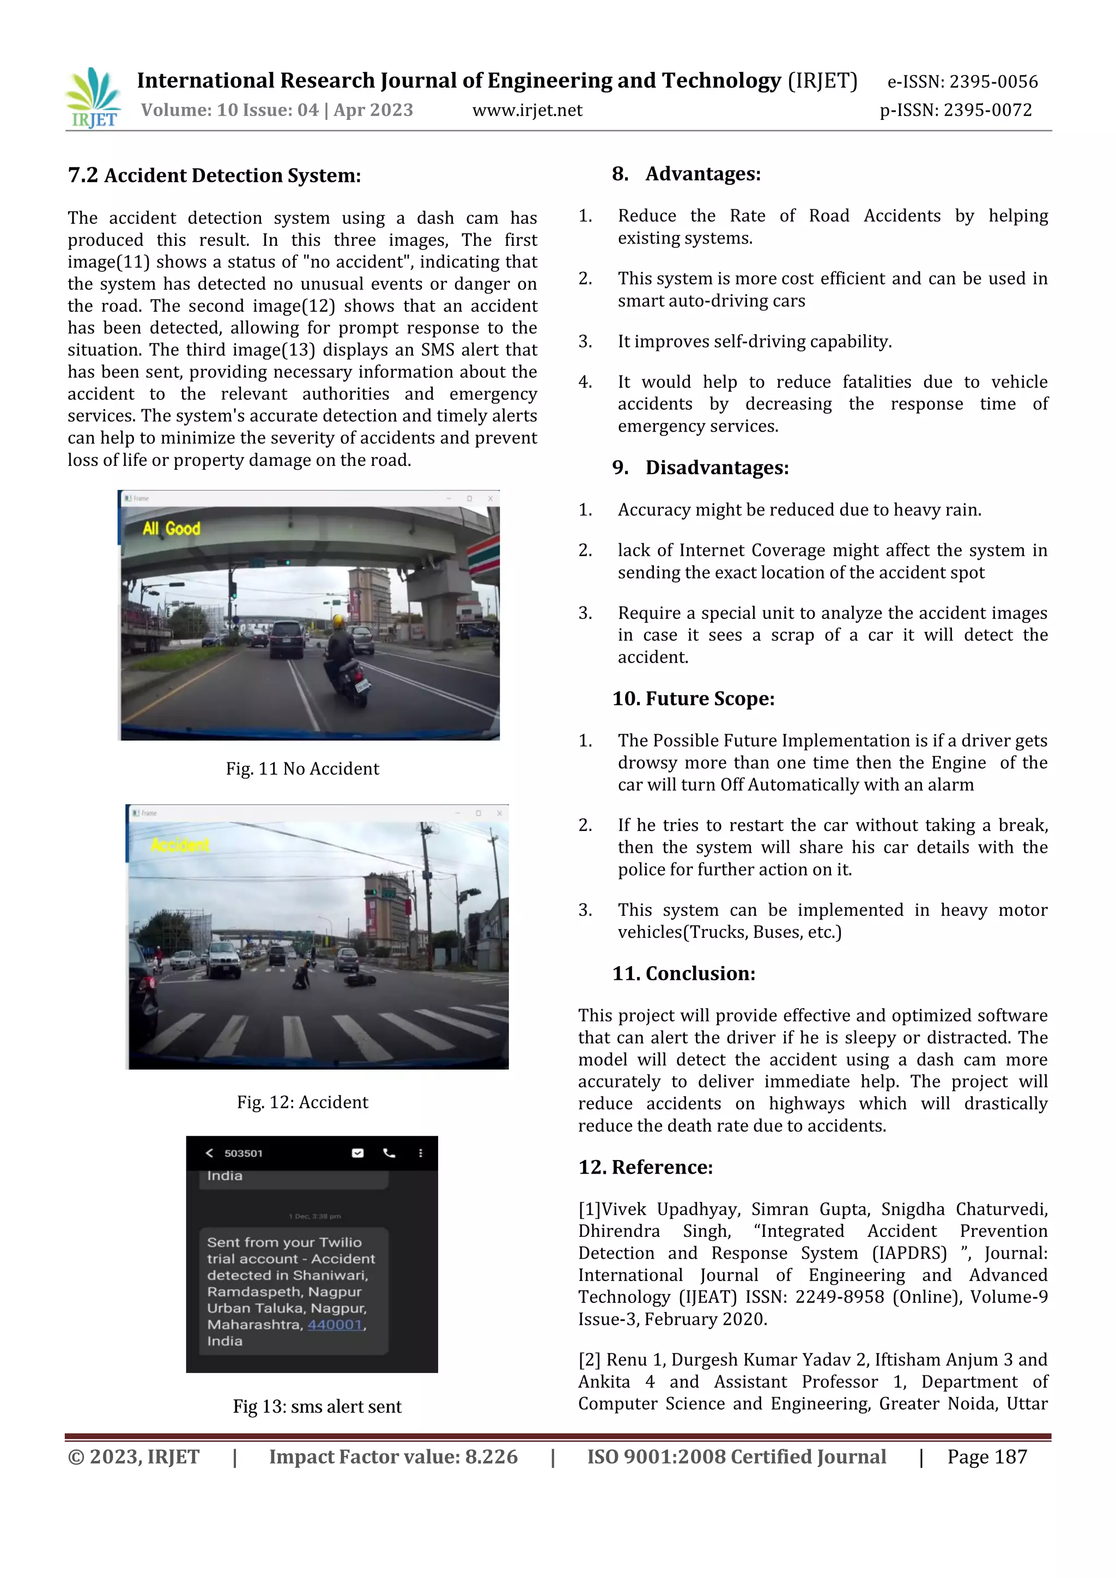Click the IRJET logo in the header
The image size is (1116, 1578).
tap(94, 98)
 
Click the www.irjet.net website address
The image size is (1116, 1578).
tap(527, 111)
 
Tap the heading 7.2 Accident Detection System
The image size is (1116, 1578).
tap(214, 176)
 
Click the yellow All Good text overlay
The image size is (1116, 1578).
tap(171, 529)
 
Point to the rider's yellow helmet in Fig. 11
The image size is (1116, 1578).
tap(338, 621)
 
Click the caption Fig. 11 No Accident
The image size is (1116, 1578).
tap(302, 768)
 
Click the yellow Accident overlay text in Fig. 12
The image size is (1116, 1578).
tap(180, 845)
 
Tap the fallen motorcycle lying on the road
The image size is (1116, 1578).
tap(360, 979)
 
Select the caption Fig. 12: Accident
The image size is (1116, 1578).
tap(302, 1102)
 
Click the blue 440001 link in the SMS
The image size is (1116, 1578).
tap(335, 1325)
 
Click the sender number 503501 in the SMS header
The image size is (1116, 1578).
tap(243, 1154)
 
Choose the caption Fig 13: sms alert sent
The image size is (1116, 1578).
tap(317, 1406)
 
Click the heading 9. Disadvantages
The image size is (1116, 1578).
tap(700, 468)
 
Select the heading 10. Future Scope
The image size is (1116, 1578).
tap(693, 699)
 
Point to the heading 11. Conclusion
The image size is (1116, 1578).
tap(684, 973)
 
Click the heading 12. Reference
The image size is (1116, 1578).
tap(645, 1167)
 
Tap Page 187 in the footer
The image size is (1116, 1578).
tap(987, 1457)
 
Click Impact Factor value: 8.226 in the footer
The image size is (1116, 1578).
tap(393, 1457)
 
